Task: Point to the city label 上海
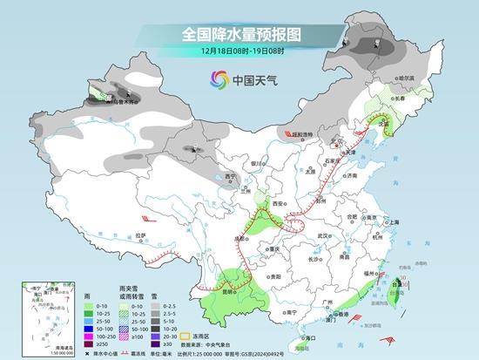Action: (394, 221)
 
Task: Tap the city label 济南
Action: (350, 175)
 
